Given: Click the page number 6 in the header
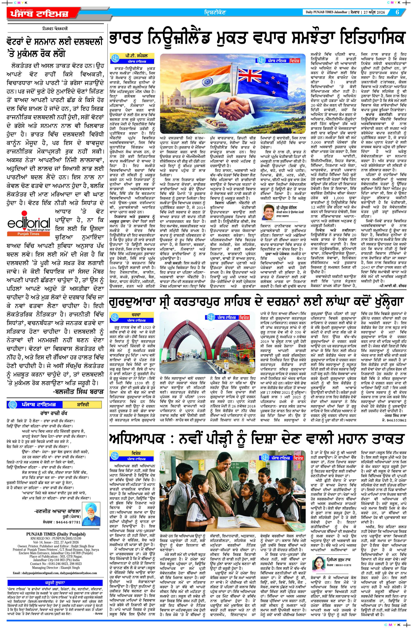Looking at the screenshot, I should pyautogui.click(x=397, y=12).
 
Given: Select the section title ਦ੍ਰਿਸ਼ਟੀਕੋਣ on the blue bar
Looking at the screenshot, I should pyautogui.click(x=215, y=12).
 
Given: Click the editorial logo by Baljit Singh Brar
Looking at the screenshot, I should pyautogui.click(x=29, y=223).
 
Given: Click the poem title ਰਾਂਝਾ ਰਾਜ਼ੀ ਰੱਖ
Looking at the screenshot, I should pyautogui.click(x=54, y=413).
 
